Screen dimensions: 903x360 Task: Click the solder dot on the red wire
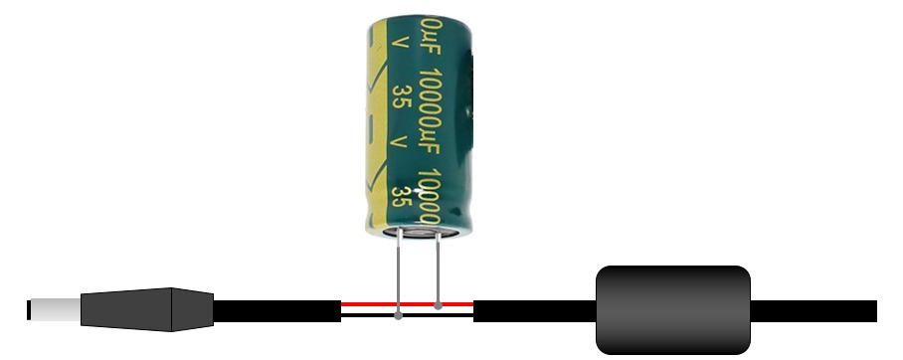click(438, 303)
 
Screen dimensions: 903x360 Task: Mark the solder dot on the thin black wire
click(399, 317)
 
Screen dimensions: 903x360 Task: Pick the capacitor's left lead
click(399, 269)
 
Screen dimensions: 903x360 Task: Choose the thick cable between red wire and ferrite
click(533, 310)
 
